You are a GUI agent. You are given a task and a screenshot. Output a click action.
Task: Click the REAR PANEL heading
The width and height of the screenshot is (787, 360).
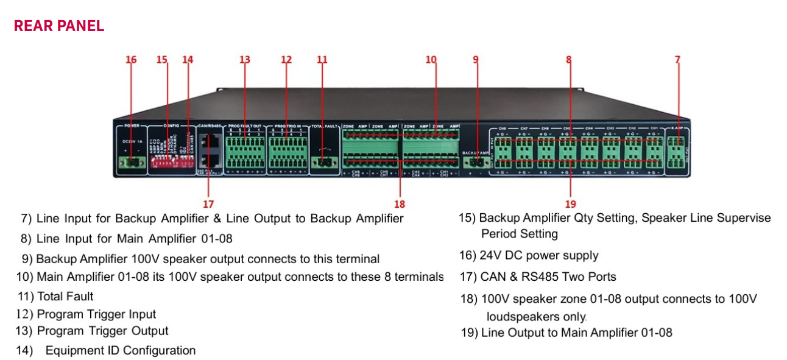[x=59, y=26]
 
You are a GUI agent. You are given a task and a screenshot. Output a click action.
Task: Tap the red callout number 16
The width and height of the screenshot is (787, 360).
[x=131, y=60]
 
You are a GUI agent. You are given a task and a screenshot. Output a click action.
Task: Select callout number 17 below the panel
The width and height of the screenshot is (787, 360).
[x=208, y=203]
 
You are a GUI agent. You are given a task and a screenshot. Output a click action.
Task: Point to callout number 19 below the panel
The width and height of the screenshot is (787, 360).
[x=570, y=204]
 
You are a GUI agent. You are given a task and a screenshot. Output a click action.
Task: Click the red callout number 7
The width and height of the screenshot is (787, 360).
[x=677, y=60]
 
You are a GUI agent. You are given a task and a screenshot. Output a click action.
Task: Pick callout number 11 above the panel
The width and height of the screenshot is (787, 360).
[x=322, y=60]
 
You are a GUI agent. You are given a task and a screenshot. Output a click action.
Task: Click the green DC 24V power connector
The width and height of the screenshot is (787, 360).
[x=132, y=162]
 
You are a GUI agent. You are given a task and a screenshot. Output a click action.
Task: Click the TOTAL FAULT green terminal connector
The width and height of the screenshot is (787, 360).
[x=325, y=162]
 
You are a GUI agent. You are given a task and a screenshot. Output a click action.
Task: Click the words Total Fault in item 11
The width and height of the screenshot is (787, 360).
[x=65, y=297]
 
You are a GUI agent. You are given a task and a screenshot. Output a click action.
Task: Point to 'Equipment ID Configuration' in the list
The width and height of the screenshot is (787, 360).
[x=121, y=350]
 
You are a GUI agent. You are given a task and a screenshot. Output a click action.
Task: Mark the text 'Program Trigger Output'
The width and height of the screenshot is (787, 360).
[x=102, y=331]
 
